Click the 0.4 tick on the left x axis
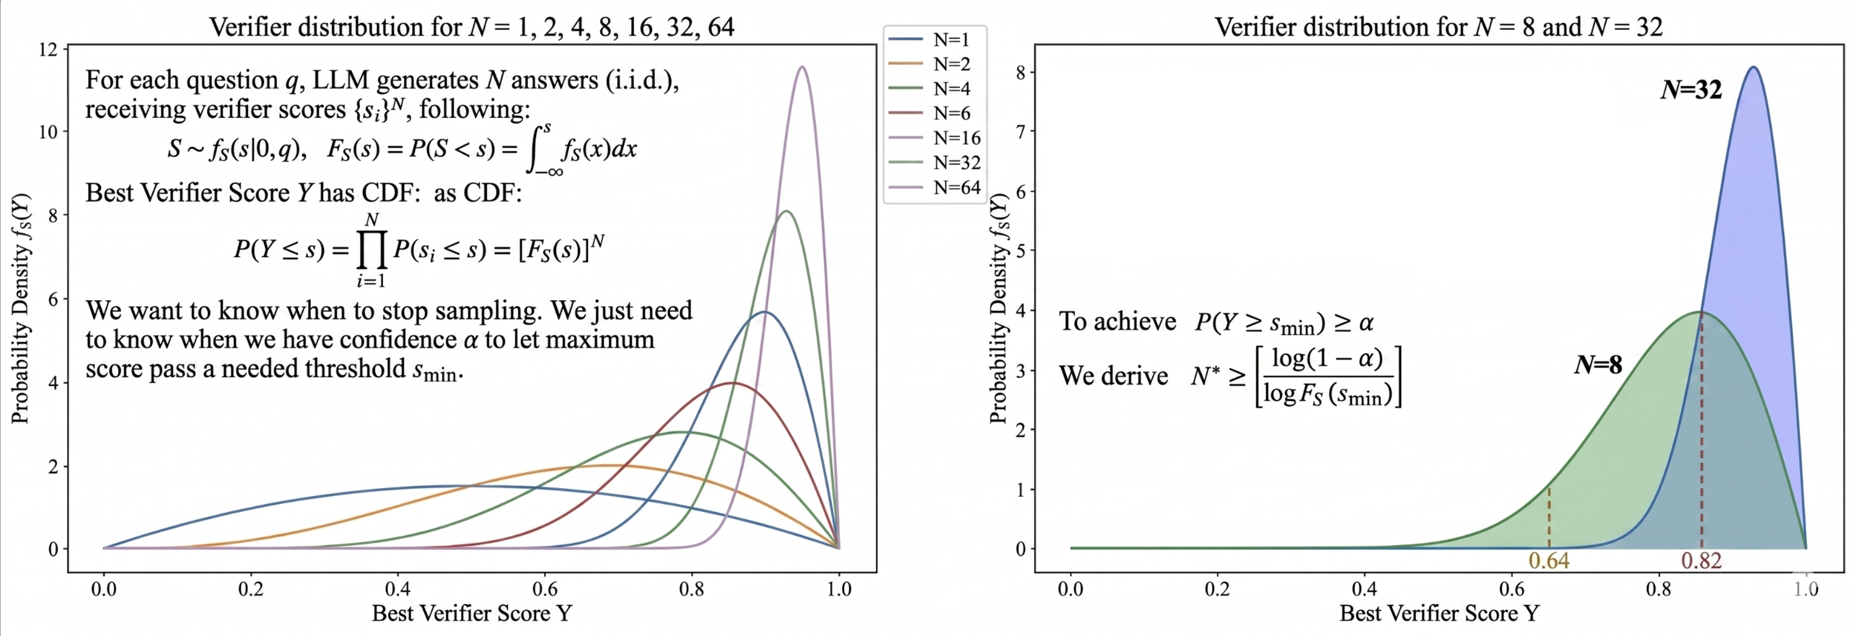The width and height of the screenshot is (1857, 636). [x=398, y=589]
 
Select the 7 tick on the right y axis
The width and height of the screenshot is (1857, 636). [x=1021, y=131]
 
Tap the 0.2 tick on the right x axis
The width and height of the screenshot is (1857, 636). [x=1218, y=589]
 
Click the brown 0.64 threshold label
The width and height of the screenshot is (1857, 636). [x=1548, y=561]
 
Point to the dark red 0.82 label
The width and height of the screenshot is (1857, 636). [x=1701, y=561]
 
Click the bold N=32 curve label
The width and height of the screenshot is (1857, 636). [x=1690, y=89]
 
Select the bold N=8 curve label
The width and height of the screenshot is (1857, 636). [x=1597, y=365]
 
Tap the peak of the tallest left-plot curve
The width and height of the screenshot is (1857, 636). [x=802, y=67]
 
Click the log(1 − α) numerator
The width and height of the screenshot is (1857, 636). [x=1327, y=359]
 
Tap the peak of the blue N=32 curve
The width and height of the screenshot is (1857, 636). [x=1752, y=67]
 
